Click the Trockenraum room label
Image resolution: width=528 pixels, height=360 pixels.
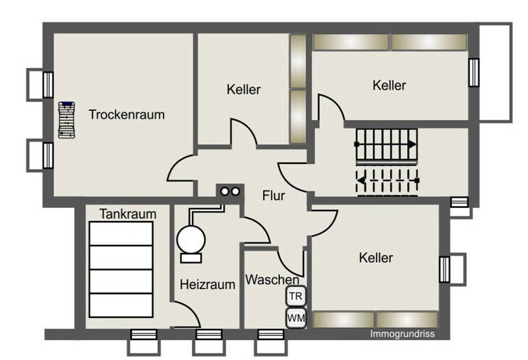point(126,115)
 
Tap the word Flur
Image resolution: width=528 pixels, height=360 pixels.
point(274,196)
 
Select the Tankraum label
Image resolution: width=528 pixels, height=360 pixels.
point(128,214)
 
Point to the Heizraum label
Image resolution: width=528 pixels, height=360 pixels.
point(208,285)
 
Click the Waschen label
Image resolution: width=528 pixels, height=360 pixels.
point(272,280)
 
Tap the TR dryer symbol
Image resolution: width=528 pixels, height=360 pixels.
point(296,296)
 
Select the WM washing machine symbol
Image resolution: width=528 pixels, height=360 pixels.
point(296,317)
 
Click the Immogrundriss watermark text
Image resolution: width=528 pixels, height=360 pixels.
point(402,334)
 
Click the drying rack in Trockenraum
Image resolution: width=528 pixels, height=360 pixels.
point(66,120)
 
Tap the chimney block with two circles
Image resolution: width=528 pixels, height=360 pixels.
point(230,192)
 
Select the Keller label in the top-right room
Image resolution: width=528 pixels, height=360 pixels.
point(389,85)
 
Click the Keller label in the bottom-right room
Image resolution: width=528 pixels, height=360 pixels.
point(376,258)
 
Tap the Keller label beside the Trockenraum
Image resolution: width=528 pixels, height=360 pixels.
point(244,89)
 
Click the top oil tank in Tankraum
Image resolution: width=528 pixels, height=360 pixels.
point(122,234)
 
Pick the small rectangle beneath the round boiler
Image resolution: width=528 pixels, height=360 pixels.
point(191,258)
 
